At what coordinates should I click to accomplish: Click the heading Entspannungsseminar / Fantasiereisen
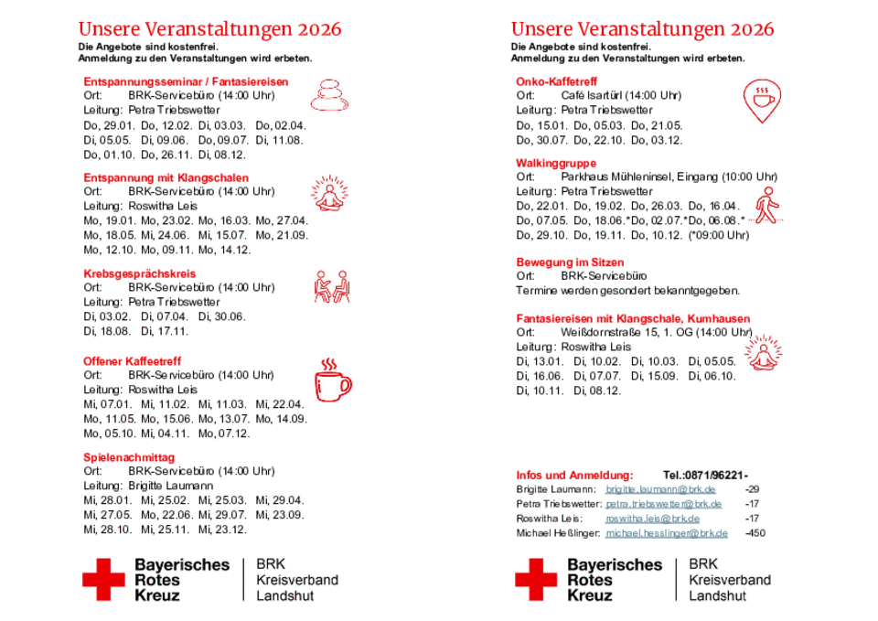point(186,81)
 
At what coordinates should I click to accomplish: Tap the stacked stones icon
point(329,93)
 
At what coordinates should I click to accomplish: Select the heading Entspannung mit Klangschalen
point(166,177)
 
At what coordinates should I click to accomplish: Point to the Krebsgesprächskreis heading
point(139,273)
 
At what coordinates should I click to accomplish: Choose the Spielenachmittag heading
point(129,457)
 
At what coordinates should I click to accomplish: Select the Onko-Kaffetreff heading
point(556,81)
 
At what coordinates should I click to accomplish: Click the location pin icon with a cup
point(761,99)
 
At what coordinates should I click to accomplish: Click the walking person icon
point(766,206)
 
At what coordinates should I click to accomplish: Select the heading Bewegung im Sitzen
point(570,262)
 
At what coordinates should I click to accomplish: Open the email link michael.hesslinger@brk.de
point(667,533)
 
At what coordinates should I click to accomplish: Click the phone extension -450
point(756,533)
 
